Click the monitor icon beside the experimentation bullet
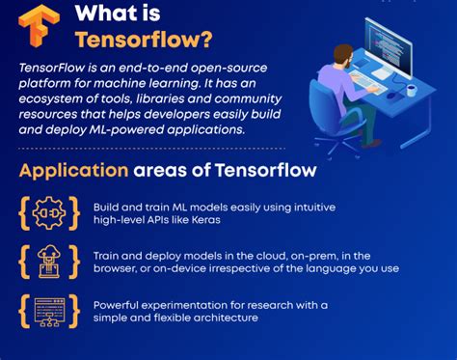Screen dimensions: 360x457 click(46, 311)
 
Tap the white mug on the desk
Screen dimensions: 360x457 click(413, 90)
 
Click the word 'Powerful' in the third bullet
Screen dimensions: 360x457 click(117, 305)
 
